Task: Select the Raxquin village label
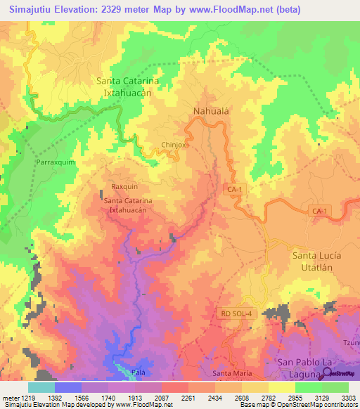(124, 187)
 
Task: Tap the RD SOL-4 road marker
(236, 313)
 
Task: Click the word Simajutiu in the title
(33, 10)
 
